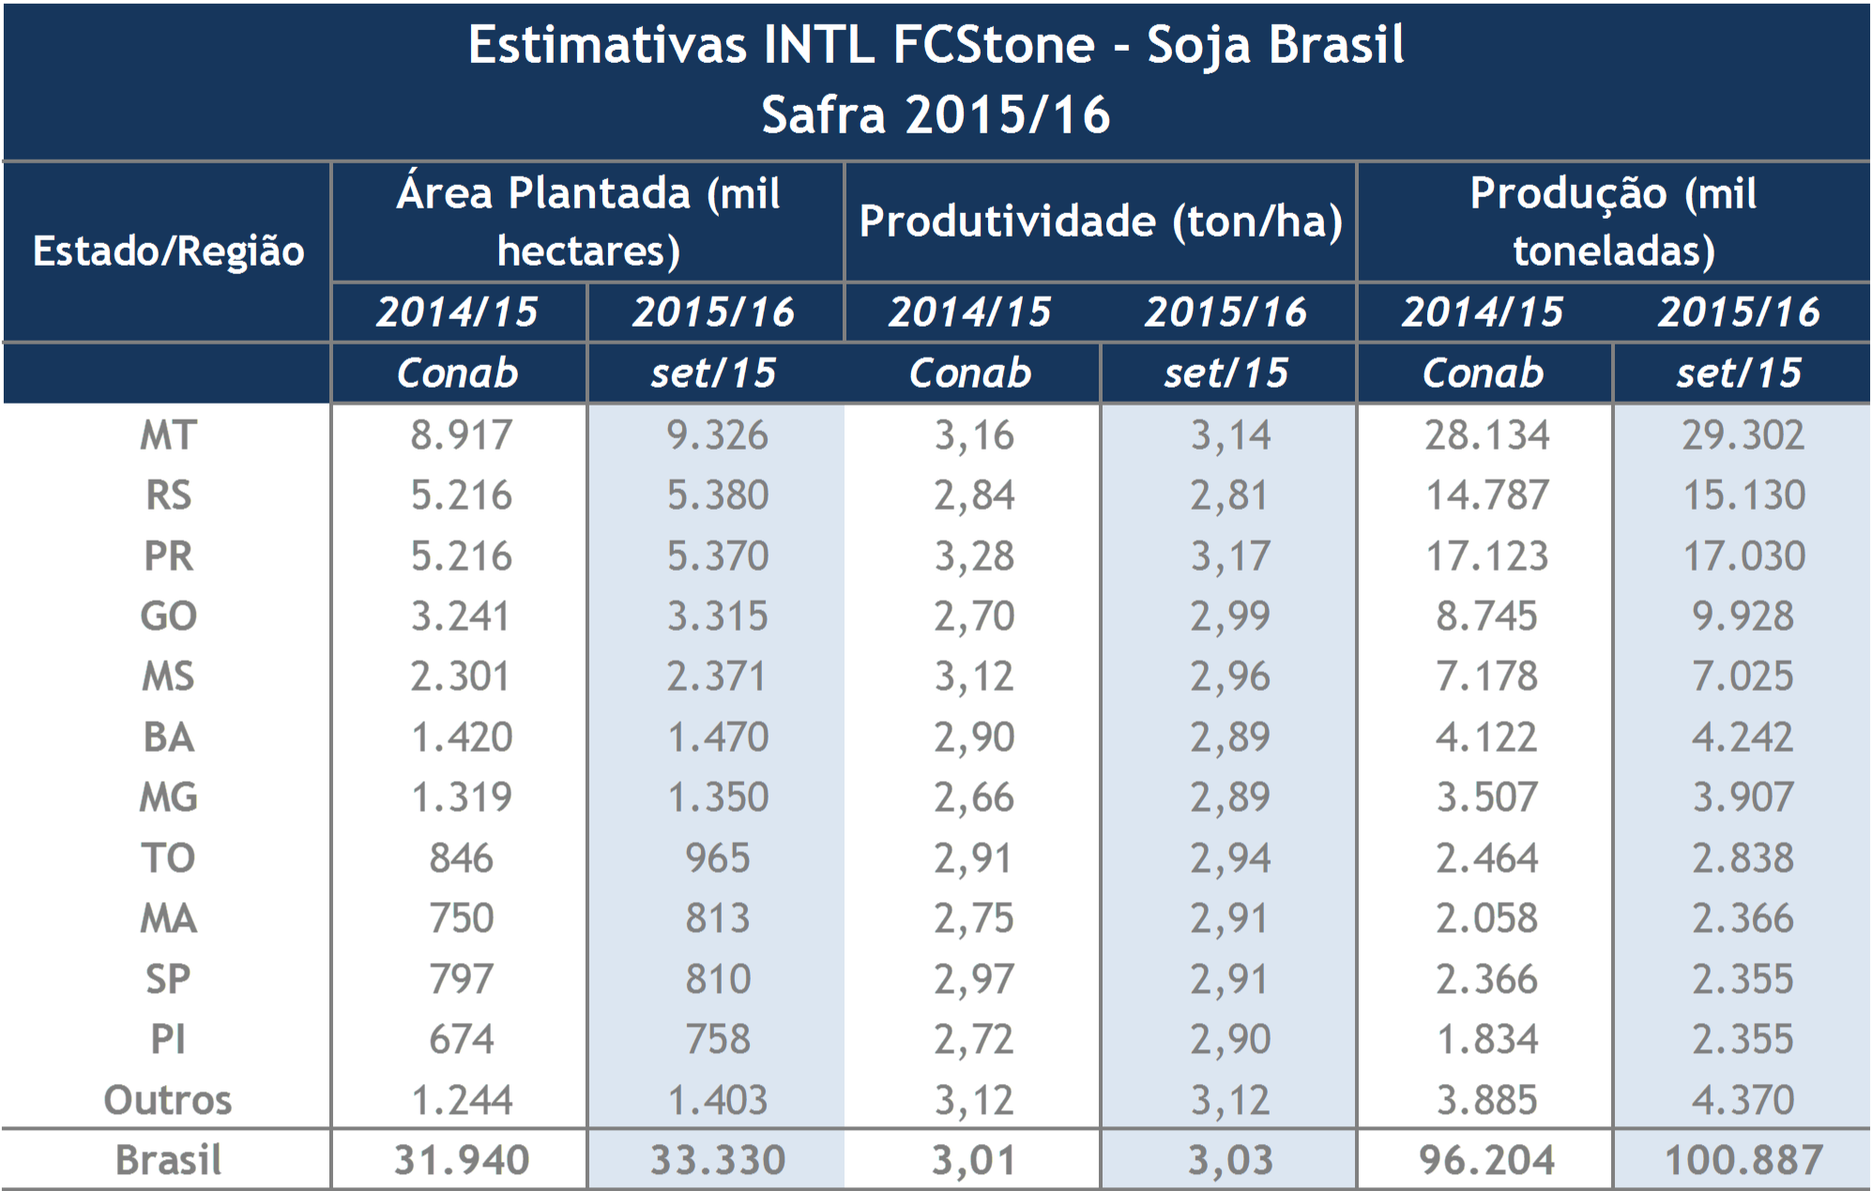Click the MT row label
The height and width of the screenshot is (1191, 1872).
(168, 435)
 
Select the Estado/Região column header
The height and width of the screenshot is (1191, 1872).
(168, 251)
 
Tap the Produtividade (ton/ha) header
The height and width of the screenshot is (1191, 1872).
(1101, 221)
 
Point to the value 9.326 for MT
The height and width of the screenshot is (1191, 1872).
(717, 435)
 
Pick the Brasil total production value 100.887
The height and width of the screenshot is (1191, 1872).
(1743, 1160)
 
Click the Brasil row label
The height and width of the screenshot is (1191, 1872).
(168, 1160)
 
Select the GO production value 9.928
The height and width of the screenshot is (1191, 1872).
(1743, 616)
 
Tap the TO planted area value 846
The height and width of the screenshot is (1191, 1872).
(460, 858)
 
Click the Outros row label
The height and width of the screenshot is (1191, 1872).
(168, 1100)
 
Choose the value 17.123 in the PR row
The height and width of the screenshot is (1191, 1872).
(1486, 556)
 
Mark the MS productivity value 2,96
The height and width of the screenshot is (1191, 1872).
(1230, 676)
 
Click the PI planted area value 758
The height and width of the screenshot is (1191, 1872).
(717, 1039)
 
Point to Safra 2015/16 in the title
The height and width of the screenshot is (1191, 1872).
(936, 115)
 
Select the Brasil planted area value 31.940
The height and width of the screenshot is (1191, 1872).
(460, 1160)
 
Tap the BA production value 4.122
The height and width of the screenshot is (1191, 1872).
(1486, 737)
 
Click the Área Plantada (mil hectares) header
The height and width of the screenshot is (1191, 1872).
(588, 221)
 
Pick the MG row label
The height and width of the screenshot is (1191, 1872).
(168, 797)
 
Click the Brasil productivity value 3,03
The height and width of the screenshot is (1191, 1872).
(1230, 1160)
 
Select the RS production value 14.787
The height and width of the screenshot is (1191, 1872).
(1486, 495)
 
